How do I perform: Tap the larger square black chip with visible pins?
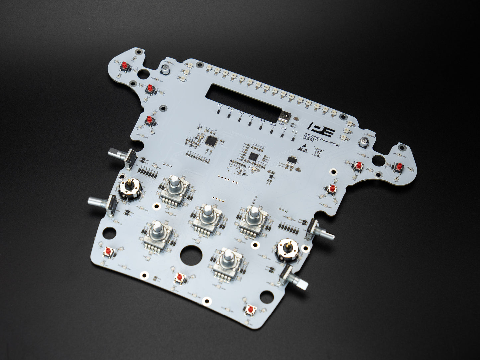pos(211,141)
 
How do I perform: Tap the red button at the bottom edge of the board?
pos(250,310)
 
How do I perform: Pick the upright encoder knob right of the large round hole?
pos(228,256)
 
